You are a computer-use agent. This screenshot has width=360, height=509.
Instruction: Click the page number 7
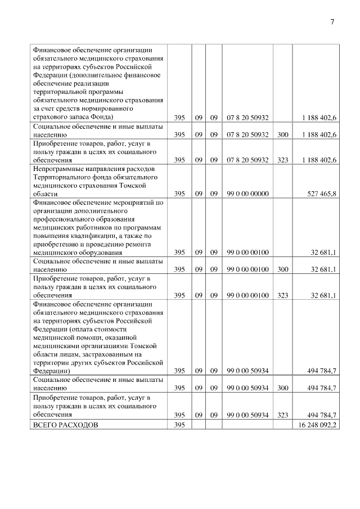pyautogui.click(x=331, y=22)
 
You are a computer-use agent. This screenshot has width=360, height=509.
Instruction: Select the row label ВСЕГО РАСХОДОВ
pyautogui.click(x=65, y=425)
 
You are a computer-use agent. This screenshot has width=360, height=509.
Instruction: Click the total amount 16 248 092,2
pyautogui.click(x=316, y=425)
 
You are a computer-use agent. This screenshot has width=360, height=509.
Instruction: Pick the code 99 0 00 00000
pyautogui.click(x=247, y=193)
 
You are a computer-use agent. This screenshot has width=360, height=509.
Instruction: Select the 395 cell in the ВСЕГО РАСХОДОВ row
pyautogui.click(x=179, y=425)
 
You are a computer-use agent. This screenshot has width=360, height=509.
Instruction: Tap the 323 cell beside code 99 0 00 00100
pyautogui.click(x=282, y=295)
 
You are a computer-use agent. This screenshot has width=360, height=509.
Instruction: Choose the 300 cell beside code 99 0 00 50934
pyautogui.click(x=282, y=388)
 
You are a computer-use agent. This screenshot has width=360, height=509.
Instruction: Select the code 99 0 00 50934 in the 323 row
pyautogui.click(x=247, y=415)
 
